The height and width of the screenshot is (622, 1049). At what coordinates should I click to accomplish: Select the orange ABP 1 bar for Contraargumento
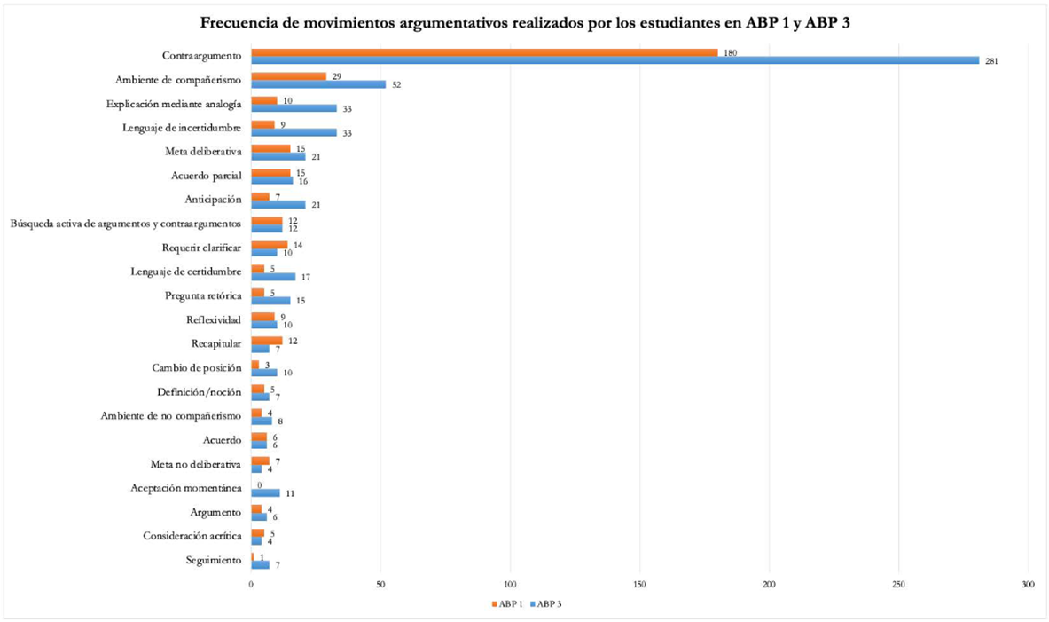pyautogui.click(x=484, y=52)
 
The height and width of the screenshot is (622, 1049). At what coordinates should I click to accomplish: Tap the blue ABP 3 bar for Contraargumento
pyautogui.click(x=615, y=60)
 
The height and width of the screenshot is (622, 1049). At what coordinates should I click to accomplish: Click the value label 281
pyautogui.click(x=991, y=61)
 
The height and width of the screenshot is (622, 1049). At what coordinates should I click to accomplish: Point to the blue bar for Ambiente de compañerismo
pyautogui.click(x=318, y=84)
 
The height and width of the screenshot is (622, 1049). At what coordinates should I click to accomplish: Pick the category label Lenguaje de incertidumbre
pyautogui.click(x=182, y=129)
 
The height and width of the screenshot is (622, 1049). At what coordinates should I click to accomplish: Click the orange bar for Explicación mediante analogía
pyautogui.click(x=264, y=100)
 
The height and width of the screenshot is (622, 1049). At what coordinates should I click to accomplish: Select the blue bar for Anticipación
pyautogui.click(x=278, y=204)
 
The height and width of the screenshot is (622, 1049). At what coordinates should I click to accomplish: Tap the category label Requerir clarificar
pyautogui.click(x=201, y=248)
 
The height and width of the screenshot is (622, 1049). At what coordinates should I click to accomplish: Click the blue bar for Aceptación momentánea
pyautogui.click(x=265, y=492)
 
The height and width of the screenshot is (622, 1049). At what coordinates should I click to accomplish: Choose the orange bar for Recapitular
pyautogui.click(x=267, y=340)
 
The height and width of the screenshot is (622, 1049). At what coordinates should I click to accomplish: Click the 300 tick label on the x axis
pyautogui.click(x=1028, y=585)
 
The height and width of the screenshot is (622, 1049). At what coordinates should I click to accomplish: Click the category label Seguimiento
pyautogui.click(x=213, y=560)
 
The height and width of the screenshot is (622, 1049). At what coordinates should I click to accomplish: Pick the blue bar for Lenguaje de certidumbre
pyautogui.click(x=273, y=276)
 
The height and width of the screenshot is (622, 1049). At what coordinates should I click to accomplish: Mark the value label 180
pyautogui.click(x=730, y=52)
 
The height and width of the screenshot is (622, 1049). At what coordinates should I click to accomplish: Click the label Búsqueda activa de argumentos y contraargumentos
pyautogui.click(x=125, y=224)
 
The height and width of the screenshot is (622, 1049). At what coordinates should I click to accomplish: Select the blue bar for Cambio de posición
pyautogui.click(x=264, y=372)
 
